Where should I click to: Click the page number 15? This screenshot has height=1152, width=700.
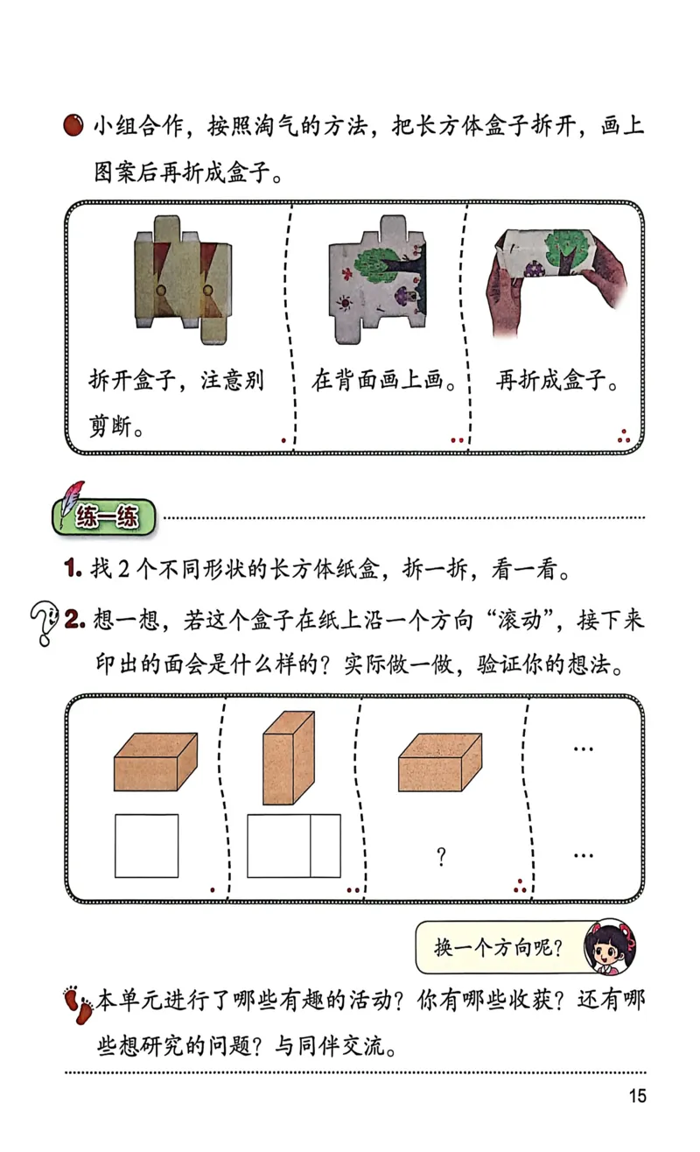[636, 1095]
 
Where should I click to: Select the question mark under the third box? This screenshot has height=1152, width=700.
[441, 858]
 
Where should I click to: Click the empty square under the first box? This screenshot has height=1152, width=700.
[147, 846]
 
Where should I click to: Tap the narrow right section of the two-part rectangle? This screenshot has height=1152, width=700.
[325, 846]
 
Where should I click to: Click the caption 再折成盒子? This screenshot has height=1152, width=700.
[557, 382]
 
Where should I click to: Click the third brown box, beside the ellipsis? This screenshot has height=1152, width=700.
[439, 762]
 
